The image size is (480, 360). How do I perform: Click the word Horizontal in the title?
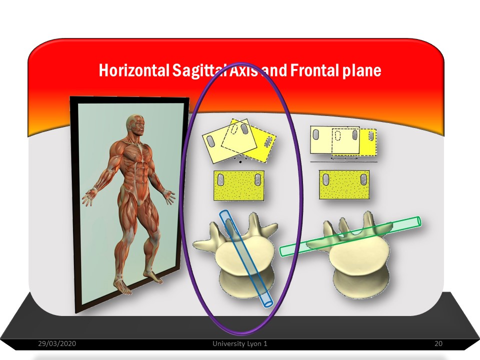pyautogui.click(x=134, y=70)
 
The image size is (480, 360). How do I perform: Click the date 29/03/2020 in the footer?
pyautogui.click(x=57, y=343)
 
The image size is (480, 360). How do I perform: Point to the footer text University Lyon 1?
pyautogui.click(x=240, y=343)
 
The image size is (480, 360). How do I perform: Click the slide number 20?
pyautogui.click(x=438, y=343)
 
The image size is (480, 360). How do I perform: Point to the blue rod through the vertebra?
pyautogui.click(x=245, y=258)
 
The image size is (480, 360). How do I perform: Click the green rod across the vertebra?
pyautogui.click(x=350, y=236)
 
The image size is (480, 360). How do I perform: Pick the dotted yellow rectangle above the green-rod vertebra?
pyautogui.click(x=344, y=185)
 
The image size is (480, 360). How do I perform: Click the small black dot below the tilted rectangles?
pyautogui.click(x=240, y=162)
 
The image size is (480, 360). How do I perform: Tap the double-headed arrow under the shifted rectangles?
pyautogui.click(x=344, y=158)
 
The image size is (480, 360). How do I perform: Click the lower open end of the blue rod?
pyautogui.click(x=267, y=302)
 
